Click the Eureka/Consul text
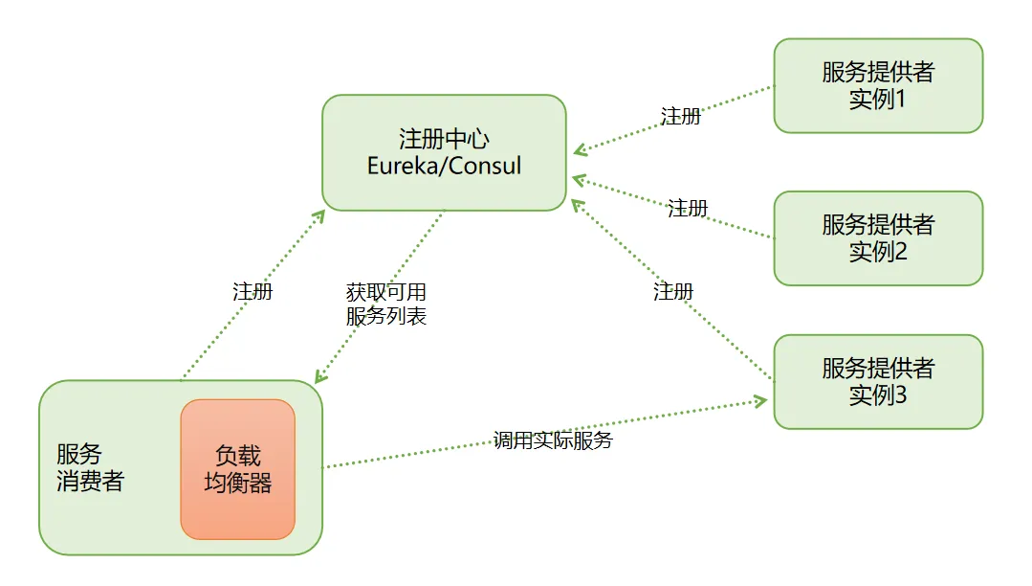point(444,165)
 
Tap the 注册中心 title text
point(444,140)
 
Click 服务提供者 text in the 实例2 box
point(877,225)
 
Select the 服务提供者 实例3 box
point(877,381)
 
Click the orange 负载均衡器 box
point(237,469)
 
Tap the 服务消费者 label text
point(89,467)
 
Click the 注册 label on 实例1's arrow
point(680,116)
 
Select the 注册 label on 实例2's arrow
point(687,208)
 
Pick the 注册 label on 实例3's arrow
point(673,291)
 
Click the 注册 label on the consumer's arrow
point(253,291)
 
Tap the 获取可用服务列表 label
point(385,304)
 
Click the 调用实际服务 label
point(552,440)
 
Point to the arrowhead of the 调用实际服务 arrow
point(762,399)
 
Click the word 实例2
point(877,252)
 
